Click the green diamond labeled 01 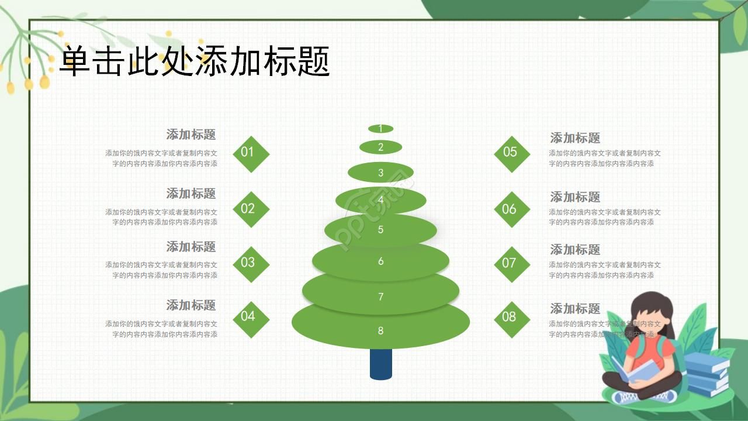coord(251,154)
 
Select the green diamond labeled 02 coord(251,209)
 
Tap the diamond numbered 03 coord(251,264)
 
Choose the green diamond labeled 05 coord(511,154)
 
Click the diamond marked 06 coord(511,209)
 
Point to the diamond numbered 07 coord(511,264)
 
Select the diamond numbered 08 coord(511,319)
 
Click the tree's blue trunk coord(380,364)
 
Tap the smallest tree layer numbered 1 coord(380,129)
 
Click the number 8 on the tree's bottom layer coord(380,331)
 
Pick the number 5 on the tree coord(380,230)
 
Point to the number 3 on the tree coord(380,173)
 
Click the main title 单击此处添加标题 coord(195,61)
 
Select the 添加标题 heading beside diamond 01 coord(191,134)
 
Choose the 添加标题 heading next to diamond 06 coord(575,197)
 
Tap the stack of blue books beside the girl coord(707,374)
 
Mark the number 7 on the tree coord(380,297)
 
